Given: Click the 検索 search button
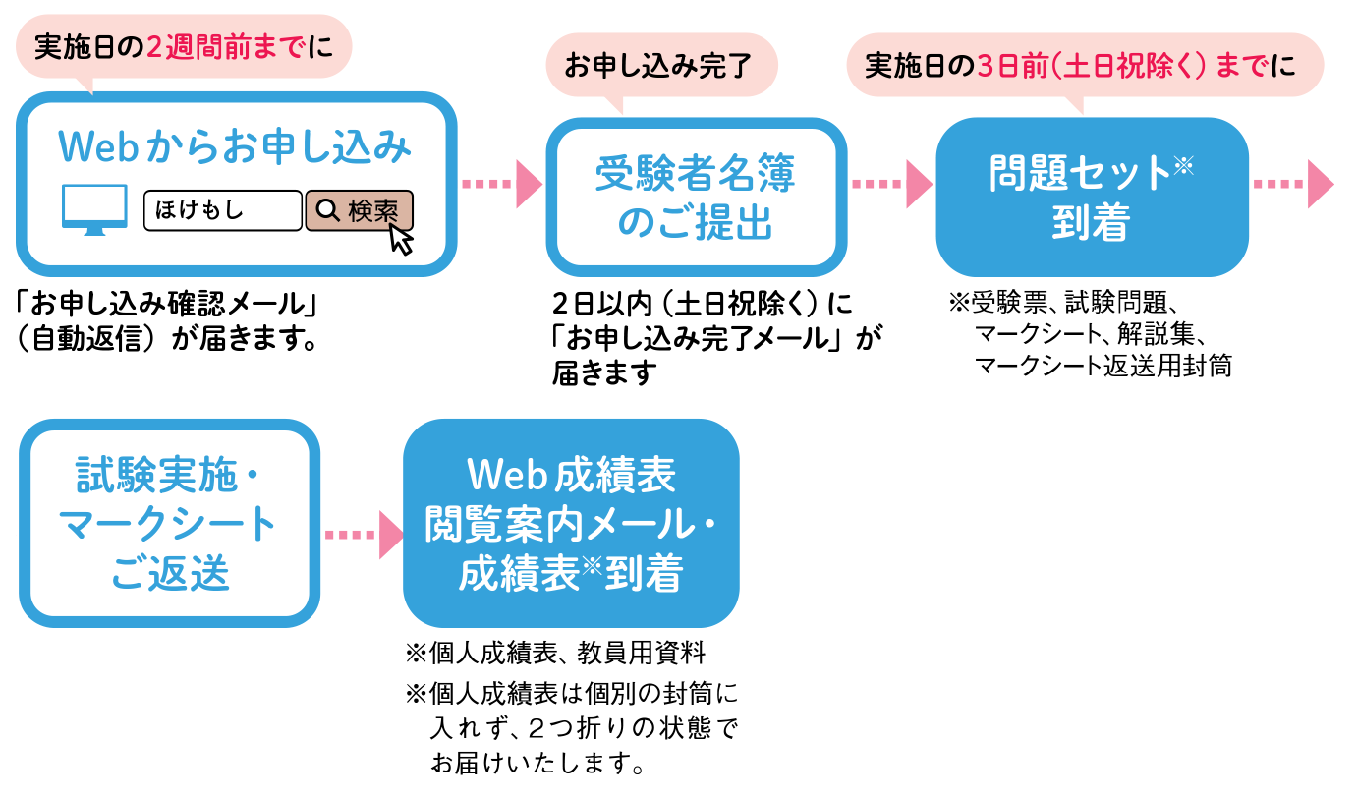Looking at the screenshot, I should pyautogui.click(x=359, y=210).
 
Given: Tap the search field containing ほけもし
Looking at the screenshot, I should pyautogui.click(x=223, y=210).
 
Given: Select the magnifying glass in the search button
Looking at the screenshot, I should pyautogui.click(x=328, y=210).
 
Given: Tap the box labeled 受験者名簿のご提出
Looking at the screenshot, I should pyautogui.click(x=696, y=198).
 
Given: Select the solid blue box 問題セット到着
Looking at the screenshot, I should pyautogui.click(x=1091, y=198).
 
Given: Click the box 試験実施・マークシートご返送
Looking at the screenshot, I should pyautogui.click(x=169, y=523).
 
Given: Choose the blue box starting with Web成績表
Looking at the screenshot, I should pyautogui.click(x=571, y=524).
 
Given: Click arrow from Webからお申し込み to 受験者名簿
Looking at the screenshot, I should pyautogui.click(x=501, y=185).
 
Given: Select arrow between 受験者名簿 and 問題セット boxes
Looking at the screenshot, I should pyautogui.click(x=891, y=185).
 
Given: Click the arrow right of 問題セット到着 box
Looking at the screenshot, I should pyautogui.click(x=1293, y=185).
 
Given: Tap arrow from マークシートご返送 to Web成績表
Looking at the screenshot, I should pyautogui.click(x=364, y=535).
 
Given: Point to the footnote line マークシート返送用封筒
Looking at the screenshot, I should pyautogui.click(x=1103, y=366).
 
